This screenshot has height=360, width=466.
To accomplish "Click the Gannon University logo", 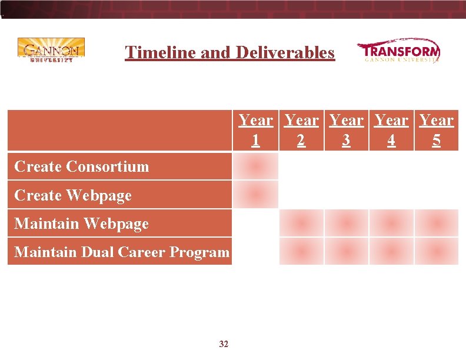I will (51, 50).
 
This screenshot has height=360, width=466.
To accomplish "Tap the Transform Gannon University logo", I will (398, 51).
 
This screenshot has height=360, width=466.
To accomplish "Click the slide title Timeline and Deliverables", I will (229, 52).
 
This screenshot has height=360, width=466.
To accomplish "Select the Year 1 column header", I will (255, 131).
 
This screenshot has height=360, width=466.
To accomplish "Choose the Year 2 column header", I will (301, 131).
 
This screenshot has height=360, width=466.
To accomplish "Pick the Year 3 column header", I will (346, 131).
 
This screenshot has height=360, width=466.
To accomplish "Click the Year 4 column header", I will (391, 131).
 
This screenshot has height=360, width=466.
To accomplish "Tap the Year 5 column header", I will (436, 131).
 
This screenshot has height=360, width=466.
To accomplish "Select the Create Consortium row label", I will (82, 166).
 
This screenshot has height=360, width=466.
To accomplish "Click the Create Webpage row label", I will (73, 195).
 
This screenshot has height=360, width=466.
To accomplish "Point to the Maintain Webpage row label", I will (81, 224).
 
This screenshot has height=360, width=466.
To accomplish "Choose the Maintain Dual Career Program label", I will (121, 252).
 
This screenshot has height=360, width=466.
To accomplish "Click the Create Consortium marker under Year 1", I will (255, 166).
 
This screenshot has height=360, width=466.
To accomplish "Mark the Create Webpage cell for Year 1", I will (255, 195).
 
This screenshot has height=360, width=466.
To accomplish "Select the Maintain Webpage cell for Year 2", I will (301, 223).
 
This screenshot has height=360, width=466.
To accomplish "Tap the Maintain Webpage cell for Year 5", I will (436, 223).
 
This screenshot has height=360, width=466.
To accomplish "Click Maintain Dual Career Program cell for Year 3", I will (346, 252).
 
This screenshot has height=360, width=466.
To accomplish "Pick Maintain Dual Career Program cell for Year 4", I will (391, 252).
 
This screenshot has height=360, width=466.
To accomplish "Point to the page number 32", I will (224, 344).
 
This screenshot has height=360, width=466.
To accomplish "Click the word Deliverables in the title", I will (285, 52).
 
